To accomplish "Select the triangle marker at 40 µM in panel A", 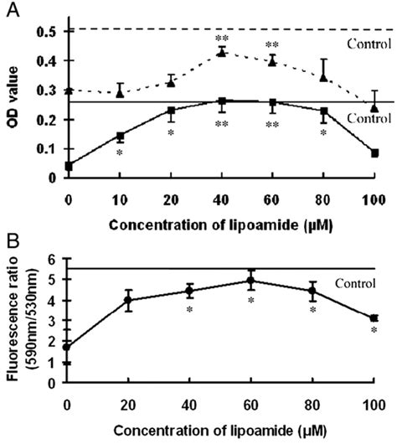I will click(x=222, y=52).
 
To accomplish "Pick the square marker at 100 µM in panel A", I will click(x=374, y=153).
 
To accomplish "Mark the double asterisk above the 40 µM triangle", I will click(x=222, y=39).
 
